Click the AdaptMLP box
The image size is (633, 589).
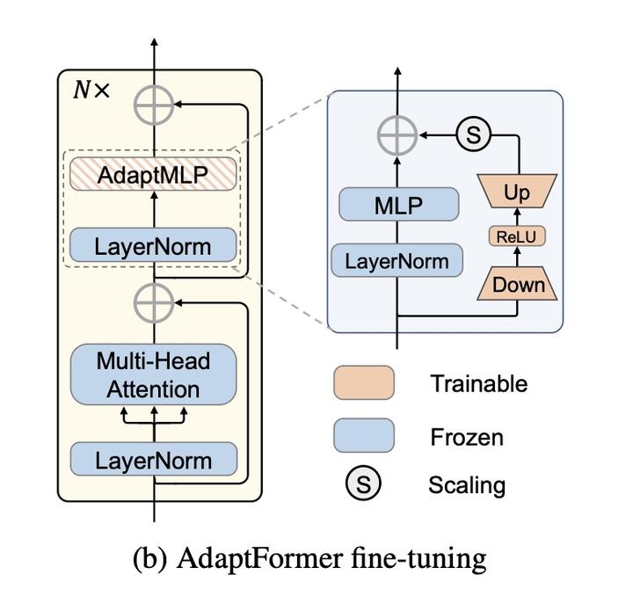coord(154,175)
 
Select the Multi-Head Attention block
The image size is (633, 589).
coord(154,374)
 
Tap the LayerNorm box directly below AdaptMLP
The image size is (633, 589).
coord(154,245)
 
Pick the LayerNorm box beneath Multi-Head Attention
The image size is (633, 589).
coord(154,460)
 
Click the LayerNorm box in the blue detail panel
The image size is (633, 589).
coord(397,260)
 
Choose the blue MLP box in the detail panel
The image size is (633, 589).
coord(399,206)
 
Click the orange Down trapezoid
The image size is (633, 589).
coord(518,284)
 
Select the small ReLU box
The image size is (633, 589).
coord(517,237)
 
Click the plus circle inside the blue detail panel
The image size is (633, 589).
coord(397,136)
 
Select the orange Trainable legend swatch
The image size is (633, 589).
coord(363,383)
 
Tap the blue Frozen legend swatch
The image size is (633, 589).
coord(363,435)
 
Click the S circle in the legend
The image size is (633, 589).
coord(362,484)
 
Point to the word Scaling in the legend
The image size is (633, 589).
coord(467,484)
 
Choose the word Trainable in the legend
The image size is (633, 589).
coord(478,383)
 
